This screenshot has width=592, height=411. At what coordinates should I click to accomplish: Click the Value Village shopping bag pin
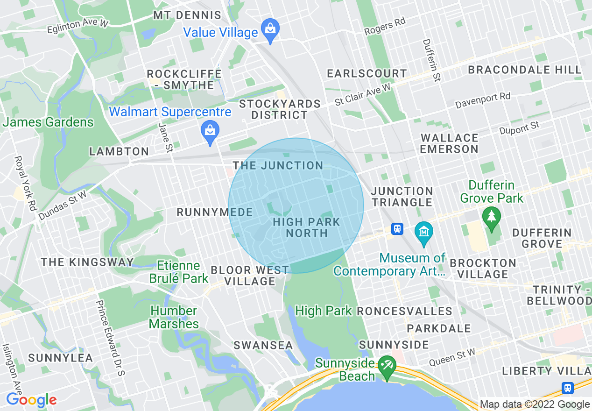(270, 28)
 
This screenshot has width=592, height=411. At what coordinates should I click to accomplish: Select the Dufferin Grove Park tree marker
(492, 218)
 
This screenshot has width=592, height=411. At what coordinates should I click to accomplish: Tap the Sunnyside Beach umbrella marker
(386, 366)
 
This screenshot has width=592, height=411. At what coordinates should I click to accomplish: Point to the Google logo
(31, 400)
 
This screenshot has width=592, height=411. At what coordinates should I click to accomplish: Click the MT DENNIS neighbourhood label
(187, 15)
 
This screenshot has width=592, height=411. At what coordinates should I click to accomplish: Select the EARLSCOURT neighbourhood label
(367, 74)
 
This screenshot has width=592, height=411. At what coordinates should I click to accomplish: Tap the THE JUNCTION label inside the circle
(278, 166)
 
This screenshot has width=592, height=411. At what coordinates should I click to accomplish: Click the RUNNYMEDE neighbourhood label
(214, 213)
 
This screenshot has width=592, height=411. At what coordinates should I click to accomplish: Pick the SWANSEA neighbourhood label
(263, 346)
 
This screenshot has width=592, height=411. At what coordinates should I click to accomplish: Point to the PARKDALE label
(439, 329)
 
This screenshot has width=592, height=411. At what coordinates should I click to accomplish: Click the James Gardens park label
(48, 123)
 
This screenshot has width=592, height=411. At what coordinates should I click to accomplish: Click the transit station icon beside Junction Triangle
(397, 229)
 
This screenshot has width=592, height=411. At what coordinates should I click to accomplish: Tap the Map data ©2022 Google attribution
(535, 404)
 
